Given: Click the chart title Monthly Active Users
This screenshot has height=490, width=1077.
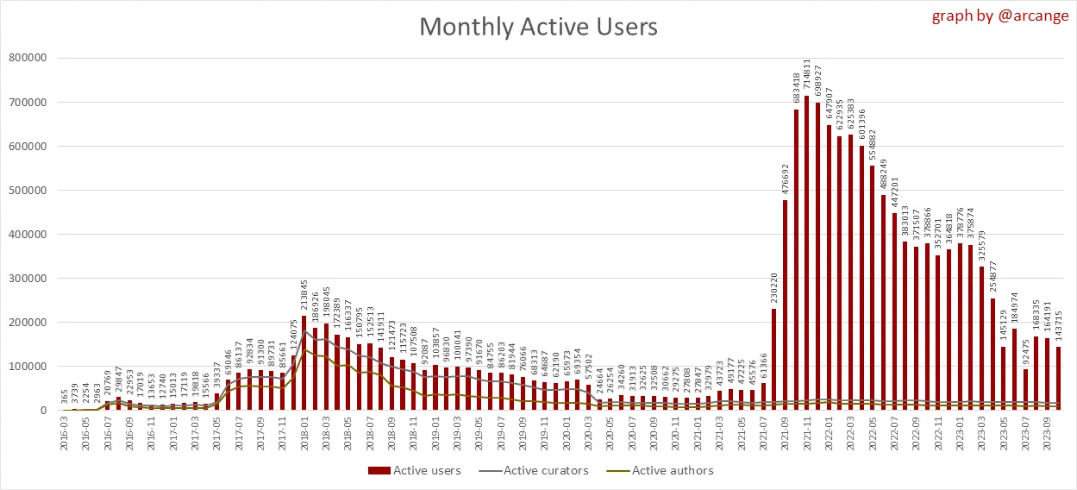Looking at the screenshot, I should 538,27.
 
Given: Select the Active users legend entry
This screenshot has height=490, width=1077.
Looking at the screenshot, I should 415,470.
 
